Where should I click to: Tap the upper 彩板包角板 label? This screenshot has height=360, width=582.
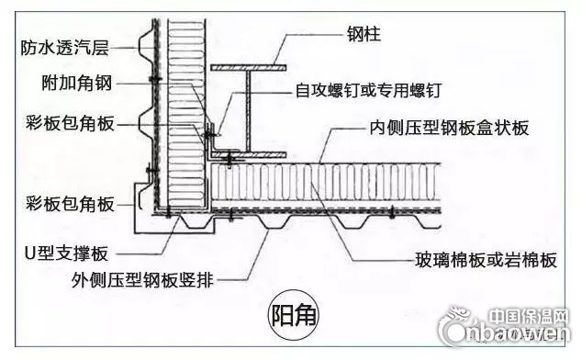click(x=71, y=123)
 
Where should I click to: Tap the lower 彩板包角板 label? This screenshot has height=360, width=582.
click(x=71, y=204)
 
